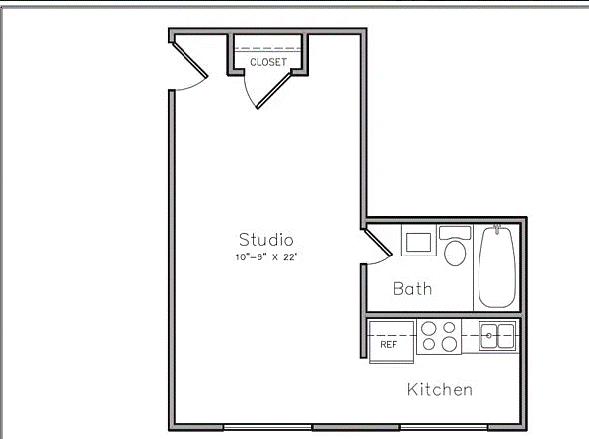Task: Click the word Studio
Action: click(266, 239)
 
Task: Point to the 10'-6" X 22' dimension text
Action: click(266, 256)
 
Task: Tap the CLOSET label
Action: click(268, 61)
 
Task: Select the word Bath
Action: click(412, 289)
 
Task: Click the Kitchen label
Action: click(440, 389)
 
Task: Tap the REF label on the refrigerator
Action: click(388, 345)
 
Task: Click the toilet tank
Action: click(455, 233)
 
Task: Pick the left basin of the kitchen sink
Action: click(490, 331)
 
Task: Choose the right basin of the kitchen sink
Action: click(506, 331)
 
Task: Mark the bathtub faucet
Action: click(498, 228)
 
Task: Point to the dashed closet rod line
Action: click(268, 48)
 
